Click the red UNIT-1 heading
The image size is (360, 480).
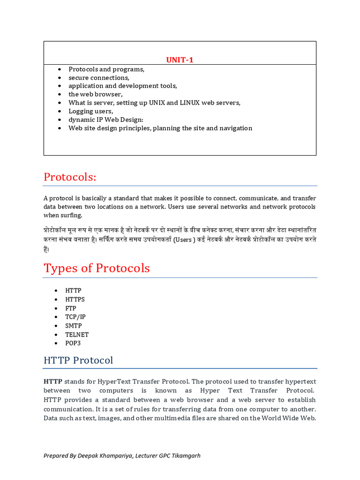coord(180,60)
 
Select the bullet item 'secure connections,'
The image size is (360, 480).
coord(99,77)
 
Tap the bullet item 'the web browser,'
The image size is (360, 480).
coord(96,94)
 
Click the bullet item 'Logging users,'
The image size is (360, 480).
coord(91,111)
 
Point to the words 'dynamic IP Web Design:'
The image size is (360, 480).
coord(106,120)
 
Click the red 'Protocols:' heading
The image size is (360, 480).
coord(70,177)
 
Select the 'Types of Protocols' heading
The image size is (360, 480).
coord(97,268)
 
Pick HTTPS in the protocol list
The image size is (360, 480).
coord(75,299)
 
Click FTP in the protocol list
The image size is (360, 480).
coord(71,308)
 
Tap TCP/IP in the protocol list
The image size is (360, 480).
coord(75,317)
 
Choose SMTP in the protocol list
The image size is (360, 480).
coord(74,326)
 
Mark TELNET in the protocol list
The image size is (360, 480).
coord(77,335)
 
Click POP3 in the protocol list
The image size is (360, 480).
coord(73,343)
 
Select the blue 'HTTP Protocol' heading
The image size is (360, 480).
coord(78,360)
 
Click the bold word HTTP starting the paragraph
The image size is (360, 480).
coord(52,381)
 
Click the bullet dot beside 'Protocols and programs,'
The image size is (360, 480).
coord(60,69)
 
